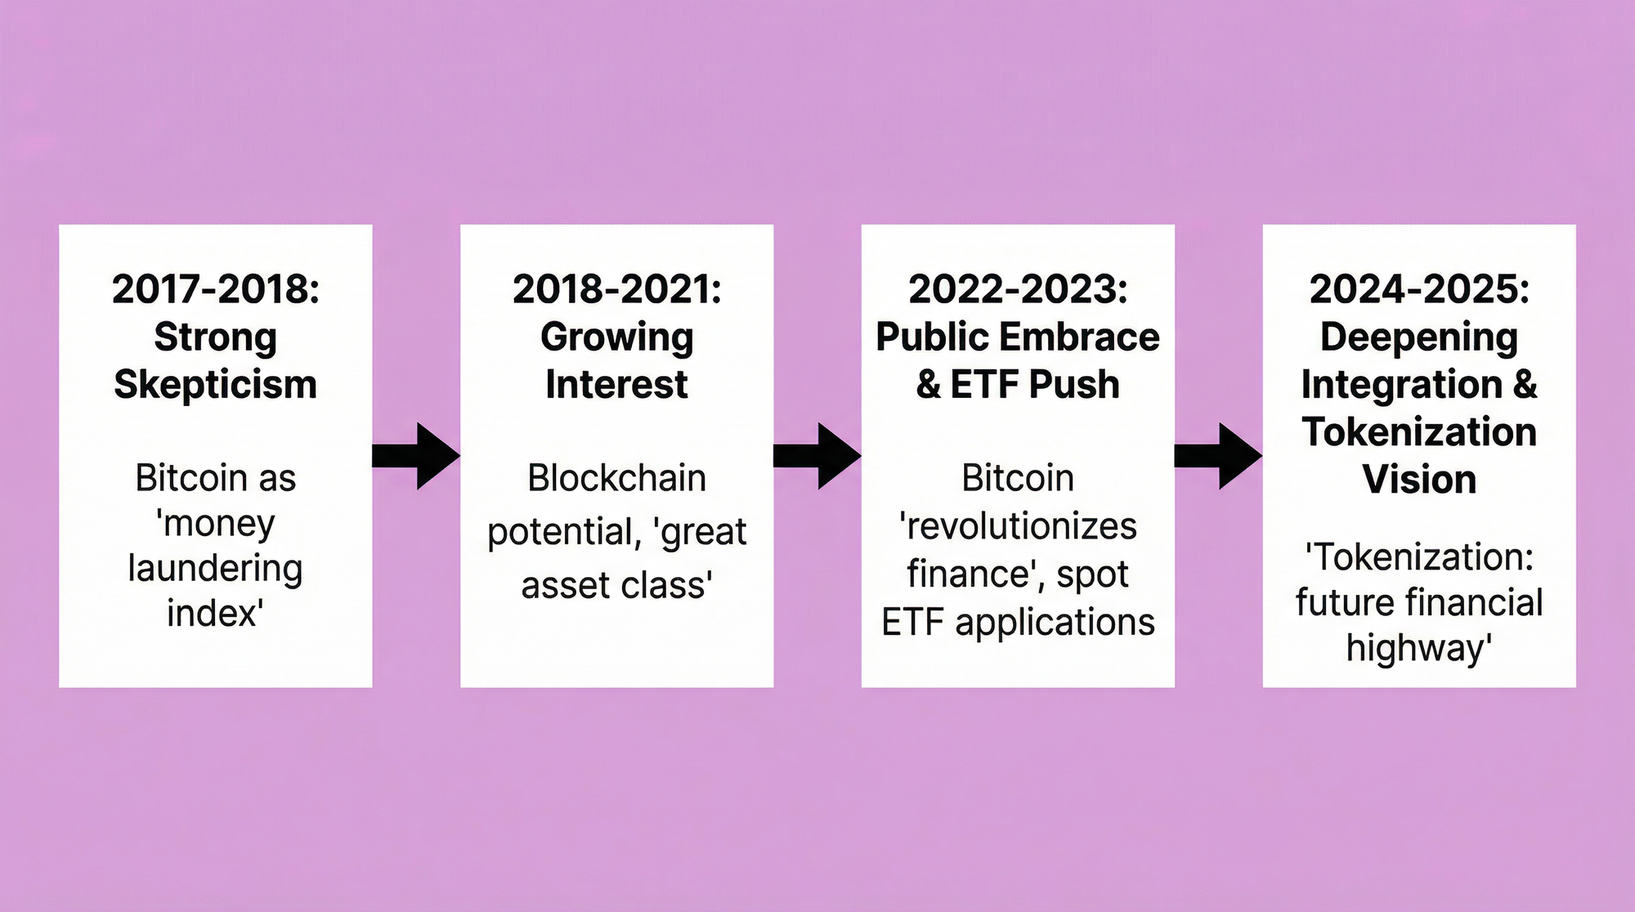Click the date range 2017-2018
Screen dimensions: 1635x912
click(212, 289)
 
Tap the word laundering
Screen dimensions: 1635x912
click(216, 569)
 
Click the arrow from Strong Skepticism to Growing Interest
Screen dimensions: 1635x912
click(416, 456)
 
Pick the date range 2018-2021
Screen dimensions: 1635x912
click(613, 289)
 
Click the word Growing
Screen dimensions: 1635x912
click(617, 338)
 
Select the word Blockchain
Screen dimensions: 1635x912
click(617, 478)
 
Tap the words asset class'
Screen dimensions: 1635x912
click(617, 585)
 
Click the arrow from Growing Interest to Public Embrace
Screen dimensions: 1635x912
click(817, 456)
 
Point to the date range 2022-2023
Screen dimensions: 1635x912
click(1014, 289)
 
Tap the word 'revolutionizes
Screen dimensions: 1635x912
click(1018, 526)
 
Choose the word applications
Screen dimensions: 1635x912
click(1055, 624)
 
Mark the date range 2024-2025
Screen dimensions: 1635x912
click(1415, 289)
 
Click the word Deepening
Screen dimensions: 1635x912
click(1419, 338)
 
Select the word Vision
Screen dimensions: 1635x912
click(1419, 480)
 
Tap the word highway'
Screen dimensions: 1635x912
click(1419, 649)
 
